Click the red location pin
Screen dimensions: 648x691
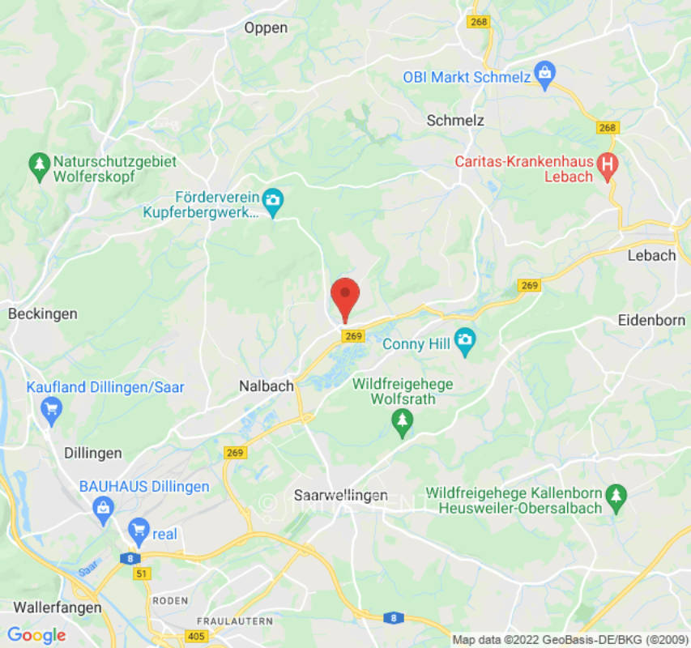[346, 296]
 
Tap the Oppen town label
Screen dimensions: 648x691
[266, 28]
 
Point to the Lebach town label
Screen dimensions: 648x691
[650, 255]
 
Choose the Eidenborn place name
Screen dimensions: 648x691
[650, 320]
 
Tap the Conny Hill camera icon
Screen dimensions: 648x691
[464, 343]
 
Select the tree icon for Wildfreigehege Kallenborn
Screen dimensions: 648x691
[617, 494]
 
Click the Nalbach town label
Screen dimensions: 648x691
[267, 386]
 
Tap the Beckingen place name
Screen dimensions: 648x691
[43, 313]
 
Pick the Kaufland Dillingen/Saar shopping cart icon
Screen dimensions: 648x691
[53, 409]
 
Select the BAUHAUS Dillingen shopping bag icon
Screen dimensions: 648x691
[102, 509]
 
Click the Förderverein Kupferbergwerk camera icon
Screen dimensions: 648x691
[273, 202]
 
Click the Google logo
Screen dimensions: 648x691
[36, 635]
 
